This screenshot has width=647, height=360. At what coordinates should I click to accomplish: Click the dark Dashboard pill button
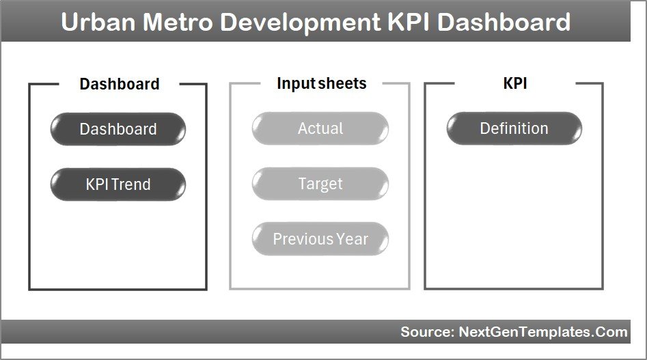[x=118, y=129]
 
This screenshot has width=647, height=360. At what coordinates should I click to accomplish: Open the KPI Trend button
[x=118, y=184]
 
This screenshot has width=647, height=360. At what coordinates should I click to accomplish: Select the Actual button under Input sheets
[x=320, y=128]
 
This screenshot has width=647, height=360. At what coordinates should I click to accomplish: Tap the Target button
[x=320, y=184]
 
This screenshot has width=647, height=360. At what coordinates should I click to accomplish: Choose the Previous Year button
[x=320, y=239]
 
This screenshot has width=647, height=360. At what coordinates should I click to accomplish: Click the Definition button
[x=514, y=128]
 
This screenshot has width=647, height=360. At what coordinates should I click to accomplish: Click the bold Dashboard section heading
[x=120, y=84]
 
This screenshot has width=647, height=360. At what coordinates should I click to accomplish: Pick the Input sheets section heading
[x=321, y=83]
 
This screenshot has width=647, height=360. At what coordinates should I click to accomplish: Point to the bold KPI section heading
[x=514, y=83]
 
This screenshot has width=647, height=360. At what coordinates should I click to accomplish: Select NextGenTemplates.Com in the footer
[x=542, y=332]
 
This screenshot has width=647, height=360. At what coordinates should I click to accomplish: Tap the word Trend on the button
[x=133, y=184]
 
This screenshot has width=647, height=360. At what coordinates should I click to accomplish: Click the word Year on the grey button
[x=352, y=239]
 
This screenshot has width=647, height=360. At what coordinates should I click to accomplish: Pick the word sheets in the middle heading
[x=342, y=83]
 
